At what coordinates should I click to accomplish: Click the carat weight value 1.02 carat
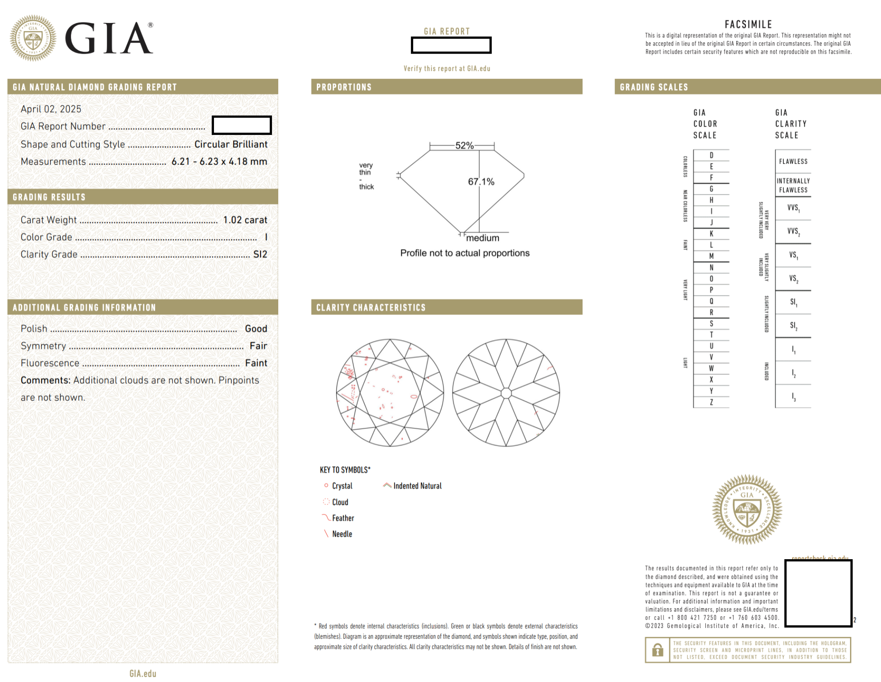[245, 220]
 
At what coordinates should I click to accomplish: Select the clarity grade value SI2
[260, 254]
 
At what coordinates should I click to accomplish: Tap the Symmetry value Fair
[258, 346]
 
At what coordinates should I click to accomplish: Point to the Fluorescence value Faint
[256, 363]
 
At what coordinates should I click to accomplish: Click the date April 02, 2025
[51, 109]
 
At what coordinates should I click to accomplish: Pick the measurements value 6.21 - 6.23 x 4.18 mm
[219, 162]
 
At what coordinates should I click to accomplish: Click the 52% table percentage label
[464, 145]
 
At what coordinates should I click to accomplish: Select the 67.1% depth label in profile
[481, 182]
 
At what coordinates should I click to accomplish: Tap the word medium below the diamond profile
[482, 238]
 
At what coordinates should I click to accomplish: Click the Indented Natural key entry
[417, 486]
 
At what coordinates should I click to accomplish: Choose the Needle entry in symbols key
[342, 534]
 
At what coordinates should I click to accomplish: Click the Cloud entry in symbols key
[340, 502]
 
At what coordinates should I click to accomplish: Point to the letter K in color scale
[711, 233]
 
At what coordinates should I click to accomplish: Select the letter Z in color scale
[711, 402]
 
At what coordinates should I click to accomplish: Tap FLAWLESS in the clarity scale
[793, 161]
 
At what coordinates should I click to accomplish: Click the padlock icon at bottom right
[657, 650]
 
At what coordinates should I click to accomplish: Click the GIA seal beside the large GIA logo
[33, 38]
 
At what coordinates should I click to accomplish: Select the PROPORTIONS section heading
[344, 87]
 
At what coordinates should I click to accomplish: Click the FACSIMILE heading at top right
[748, 24]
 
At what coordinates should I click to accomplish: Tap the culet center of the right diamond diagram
[506, 393]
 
